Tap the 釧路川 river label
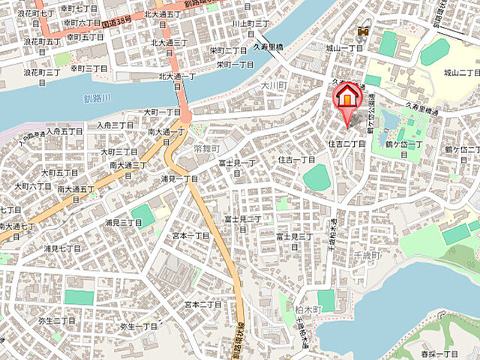[x=98, y=99]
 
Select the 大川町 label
[x=274, y=87]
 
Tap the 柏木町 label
[x=308, y=309]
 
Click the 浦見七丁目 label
[x=62, y=247]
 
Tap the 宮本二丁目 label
[x=203, y=304]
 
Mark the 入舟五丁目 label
[x=64, y=131]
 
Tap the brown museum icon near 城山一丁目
[x=364, y=31]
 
